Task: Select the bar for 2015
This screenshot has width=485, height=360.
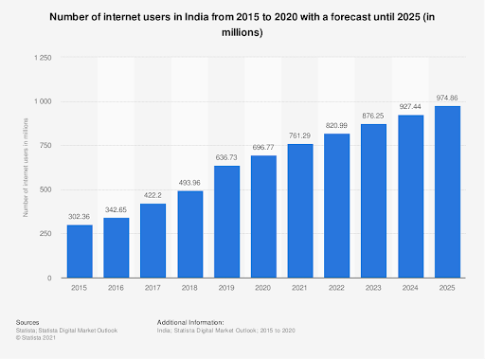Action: coord(80,251)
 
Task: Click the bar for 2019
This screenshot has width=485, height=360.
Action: coord(226,222)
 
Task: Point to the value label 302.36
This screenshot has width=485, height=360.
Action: coord(80,217)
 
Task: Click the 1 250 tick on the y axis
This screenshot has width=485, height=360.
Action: coord(41,57)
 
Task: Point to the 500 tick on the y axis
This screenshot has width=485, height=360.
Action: coord(45,189)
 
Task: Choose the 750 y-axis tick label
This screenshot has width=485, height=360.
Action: coord(45,145)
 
